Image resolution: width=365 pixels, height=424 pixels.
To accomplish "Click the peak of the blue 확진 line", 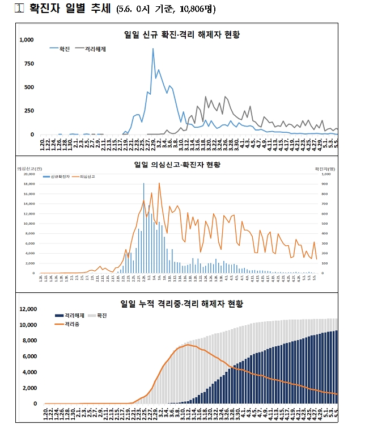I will (152, 49).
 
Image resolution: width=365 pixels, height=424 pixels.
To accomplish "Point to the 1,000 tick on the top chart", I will (27, 40).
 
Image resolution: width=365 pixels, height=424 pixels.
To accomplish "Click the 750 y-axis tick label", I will (29, 64).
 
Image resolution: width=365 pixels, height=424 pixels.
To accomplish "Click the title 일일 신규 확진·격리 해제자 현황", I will (182, 35).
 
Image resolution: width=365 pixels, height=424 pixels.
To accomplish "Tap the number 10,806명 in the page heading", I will (196, 10).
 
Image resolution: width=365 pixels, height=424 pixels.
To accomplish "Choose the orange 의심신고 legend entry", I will (87, 177).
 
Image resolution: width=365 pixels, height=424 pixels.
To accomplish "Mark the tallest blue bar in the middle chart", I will (143, 183).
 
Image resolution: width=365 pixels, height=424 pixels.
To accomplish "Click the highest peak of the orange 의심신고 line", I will (159, 183).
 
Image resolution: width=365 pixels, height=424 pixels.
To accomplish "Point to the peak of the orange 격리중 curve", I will (188, 345).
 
